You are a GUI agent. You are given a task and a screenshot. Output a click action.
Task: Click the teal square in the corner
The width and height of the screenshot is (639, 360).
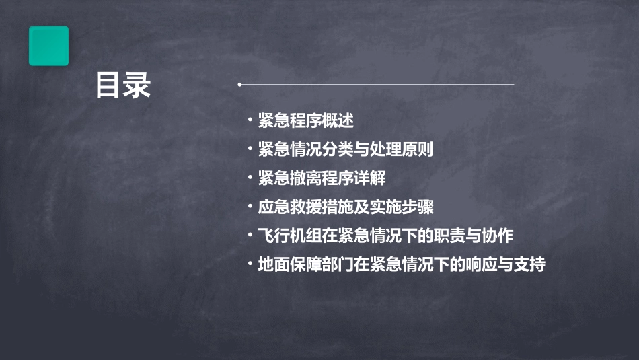[48, 46]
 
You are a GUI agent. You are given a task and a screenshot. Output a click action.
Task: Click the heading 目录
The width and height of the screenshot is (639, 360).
[123, 85]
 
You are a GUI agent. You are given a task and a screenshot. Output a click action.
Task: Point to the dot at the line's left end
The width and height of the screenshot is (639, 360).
[239, 85]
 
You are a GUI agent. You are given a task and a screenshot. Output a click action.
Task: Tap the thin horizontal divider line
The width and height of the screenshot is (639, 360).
[377, 85]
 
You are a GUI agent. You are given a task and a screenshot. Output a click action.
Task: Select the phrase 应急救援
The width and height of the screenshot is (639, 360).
[289, 207]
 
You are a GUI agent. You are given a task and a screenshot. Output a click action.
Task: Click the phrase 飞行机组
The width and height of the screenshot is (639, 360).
[289, 236]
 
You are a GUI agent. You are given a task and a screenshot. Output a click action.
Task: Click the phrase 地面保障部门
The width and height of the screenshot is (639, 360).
[298, 265]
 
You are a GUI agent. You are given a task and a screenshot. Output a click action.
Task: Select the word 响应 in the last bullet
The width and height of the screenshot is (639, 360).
[482, 265]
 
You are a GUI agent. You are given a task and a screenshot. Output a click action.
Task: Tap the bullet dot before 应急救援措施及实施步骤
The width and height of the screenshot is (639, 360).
[250, 207]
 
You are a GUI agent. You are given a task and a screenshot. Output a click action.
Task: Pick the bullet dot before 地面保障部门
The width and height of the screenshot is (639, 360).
[250, 264]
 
